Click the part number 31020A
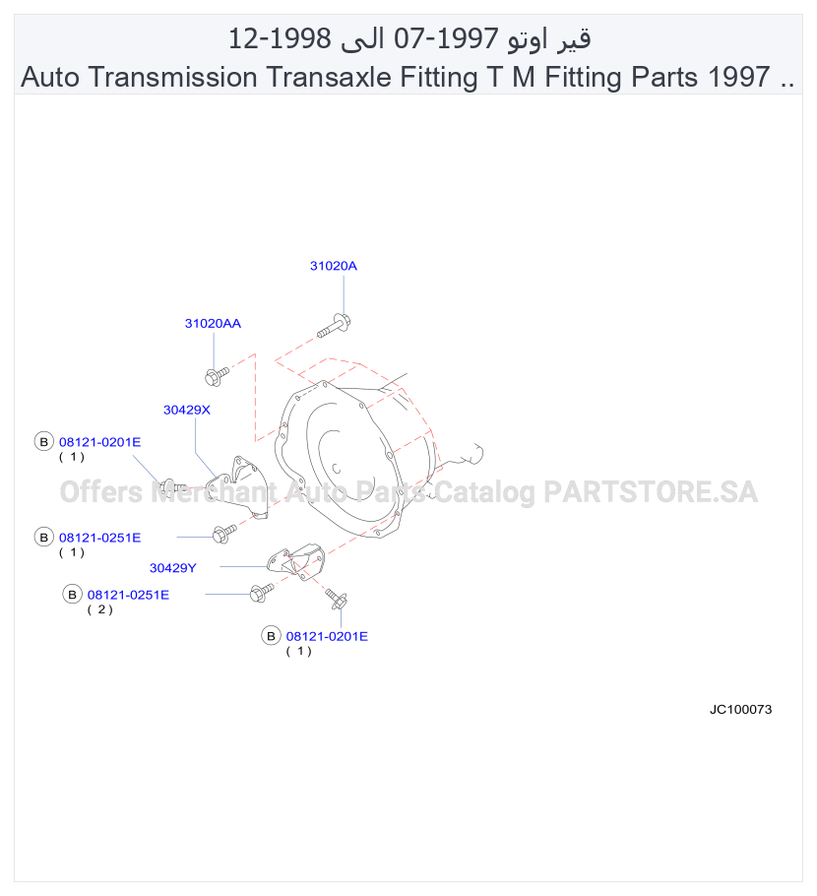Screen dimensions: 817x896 tap(333, 266)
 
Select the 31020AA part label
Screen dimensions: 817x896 tap(213, 323)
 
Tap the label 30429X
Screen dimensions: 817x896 tap(187, 410)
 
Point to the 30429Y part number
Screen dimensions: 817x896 tap(172, 568)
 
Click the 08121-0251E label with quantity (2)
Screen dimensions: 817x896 tap(128, 595)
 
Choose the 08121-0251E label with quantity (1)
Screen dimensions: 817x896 tap(99, 538)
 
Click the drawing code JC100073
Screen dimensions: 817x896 tap(740, 710)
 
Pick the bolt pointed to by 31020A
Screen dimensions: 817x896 tap(335, 326)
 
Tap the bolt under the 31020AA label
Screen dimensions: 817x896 tap(217, 376)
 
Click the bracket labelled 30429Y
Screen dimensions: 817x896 tap(297, 561)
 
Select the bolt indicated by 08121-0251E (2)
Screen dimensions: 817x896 tap(262, 593)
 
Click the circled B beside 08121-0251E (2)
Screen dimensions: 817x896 tap(72, 595)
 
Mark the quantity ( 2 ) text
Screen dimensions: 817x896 tap(100, 609)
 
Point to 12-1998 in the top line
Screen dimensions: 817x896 tap(280, 38)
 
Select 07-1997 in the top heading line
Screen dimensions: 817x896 tap(446, 38)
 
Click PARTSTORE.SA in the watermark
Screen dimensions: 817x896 tap(651, 492)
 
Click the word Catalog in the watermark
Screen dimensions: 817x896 tap(484, 493)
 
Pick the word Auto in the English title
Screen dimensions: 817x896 tap(50, 77)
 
